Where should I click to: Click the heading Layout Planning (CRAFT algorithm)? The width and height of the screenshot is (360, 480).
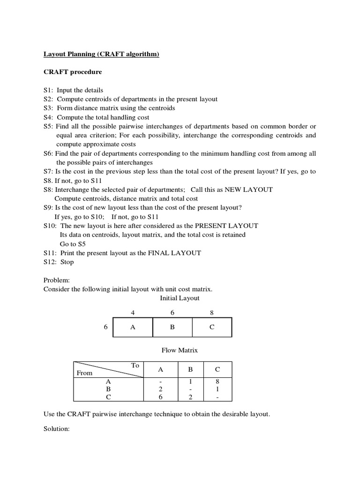(101, 54)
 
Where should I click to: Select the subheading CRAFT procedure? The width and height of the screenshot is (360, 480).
(73, 72)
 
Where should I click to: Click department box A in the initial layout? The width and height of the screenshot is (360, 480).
(133, 327)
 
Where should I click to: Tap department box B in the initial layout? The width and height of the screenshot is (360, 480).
(172, 327)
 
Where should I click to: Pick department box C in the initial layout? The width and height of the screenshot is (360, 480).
(212, 327)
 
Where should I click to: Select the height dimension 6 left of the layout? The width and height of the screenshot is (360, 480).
(105, 327)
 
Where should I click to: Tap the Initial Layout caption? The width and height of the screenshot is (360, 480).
(180, 298)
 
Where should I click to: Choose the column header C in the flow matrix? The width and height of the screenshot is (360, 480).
(217, 369)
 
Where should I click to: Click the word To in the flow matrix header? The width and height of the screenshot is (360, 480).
(135, 365)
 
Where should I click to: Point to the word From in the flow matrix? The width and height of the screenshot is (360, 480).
(84, 373)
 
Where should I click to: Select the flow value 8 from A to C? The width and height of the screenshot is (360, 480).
(217, 382)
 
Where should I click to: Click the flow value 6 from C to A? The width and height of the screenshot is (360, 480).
(160, 397)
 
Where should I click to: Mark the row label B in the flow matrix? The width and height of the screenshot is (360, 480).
(108, 389)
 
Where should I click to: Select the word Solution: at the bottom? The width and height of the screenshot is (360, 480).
(57, 429)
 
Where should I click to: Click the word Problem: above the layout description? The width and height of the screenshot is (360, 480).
(56, 280)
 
